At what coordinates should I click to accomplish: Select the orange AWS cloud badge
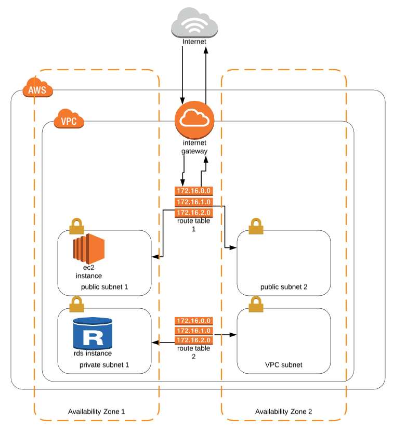37,89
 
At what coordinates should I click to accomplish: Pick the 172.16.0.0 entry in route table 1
193,191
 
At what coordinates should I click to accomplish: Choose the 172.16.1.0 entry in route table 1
193,202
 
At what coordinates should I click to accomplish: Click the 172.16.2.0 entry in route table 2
193,340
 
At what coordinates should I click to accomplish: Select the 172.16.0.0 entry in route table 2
193,321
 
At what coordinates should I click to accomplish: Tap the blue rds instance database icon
93,333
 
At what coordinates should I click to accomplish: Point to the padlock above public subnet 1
76,227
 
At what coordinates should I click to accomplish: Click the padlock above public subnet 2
256,227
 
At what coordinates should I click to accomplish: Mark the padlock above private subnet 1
76,304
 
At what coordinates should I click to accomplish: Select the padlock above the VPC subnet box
256,304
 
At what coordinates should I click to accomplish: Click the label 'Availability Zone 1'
97,411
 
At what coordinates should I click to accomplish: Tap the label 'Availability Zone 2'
284,411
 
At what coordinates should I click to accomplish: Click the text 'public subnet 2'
284,287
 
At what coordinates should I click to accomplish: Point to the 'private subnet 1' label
104,365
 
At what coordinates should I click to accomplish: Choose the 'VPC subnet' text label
283,365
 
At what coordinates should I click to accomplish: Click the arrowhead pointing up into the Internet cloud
206,49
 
